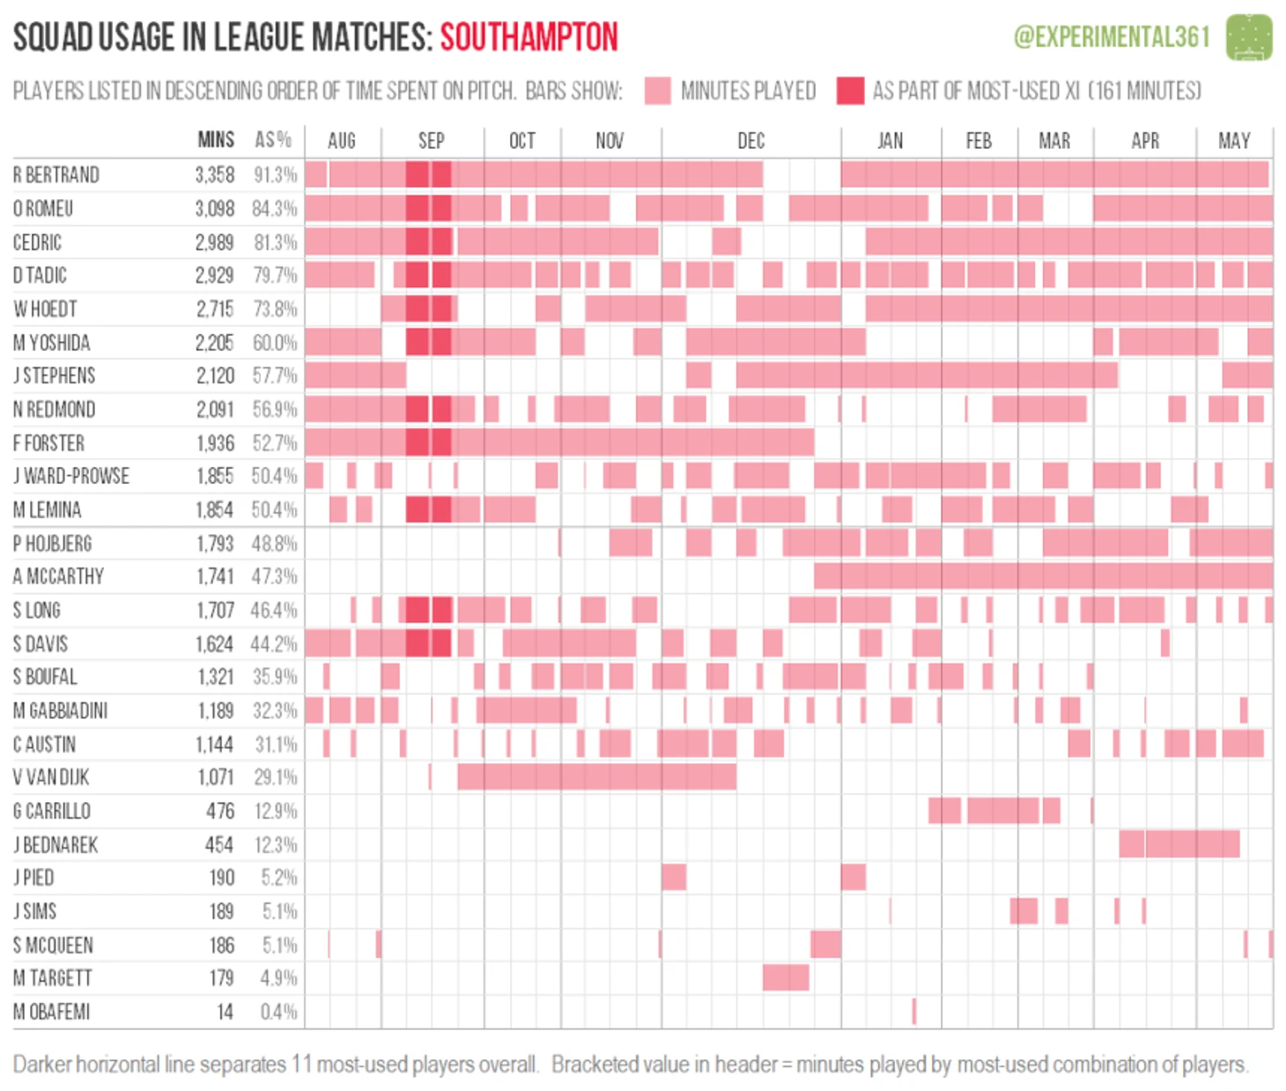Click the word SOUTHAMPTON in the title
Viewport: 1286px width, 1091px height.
[x=528, y=38]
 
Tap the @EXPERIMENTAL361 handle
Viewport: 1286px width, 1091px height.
[x=1112, y=37]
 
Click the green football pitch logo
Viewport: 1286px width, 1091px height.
[x=1249, y=37]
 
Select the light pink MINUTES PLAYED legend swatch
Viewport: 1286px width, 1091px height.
[x=657, y=91]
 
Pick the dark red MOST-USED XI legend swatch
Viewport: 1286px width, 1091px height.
[x=850, y=91]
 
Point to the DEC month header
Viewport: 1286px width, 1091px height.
[x=750, y=141]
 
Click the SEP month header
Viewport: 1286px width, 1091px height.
[x=431, y=141]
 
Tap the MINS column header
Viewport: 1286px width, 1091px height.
[x=216, y=140]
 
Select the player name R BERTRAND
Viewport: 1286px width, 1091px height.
[x=56, y=174]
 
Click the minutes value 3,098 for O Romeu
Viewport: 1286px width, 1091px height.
[x=215, y=209]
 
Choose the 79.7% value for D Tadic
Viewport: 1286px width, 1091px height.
[x=275, y=276]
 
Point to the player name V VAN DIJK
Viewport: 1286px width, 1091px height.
[x=51, y=777]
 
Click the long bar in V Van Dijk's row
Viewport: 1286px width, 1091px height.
[x=597, y=777]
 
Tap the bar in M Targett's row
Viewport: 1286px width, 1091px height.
[x=786, y=977]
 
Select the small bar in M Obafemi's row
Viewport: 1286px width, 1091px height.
[x=913, y=1012]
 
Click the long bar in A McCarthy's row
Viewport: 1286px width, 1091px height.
[x=1043, y=576]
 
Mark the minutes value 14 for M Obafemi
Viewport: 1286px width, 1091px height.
[x=225, y=1012]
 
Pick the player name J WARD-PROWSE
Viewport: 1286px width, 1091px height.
[x=71, y=477]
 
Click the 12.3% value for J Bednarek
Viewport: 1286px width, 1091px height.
[x=276, y=845]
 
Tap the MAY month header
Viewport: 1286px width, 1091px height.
[x=1233, y=141]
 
